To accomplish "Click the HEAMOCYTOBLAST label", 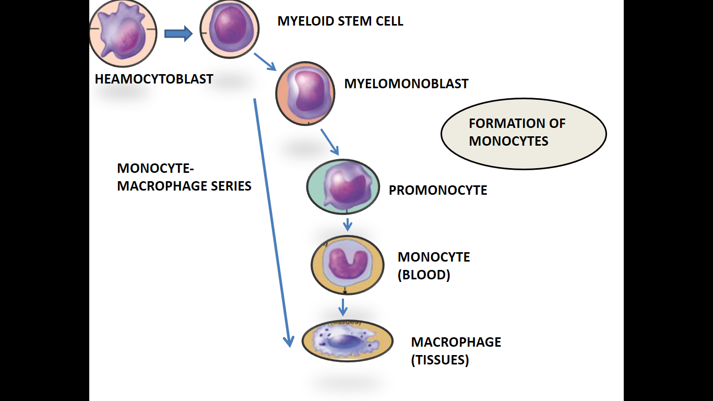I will point(154,79).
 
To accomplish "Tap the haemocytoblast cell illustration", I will point(123,34).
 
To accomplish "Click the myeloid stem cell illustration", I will point(230,29).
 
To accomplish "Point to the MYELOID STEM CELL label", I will point(340,21).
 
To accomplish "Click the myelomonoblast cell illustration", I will point(305,93).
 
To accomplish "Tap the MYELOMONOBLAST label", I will point(406,84).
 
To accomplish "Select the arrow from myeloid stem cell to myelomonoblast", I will point(265,62).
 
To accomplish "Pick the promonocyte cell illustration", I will point(343,187).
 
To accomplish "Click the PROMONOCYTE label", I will point(438,191).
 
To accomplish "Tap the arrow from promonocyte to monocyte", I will point(347,225).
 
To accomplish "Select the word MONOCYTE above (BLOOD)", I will point(434,257).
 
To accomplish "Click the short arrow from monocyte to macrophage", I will point(342,306).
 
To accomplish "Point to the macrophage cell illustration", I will point(347,341).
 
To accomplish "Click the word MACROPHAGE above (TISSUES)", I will point(456,342).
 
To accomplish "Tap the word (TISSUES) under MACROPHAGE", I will point(440,360).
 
